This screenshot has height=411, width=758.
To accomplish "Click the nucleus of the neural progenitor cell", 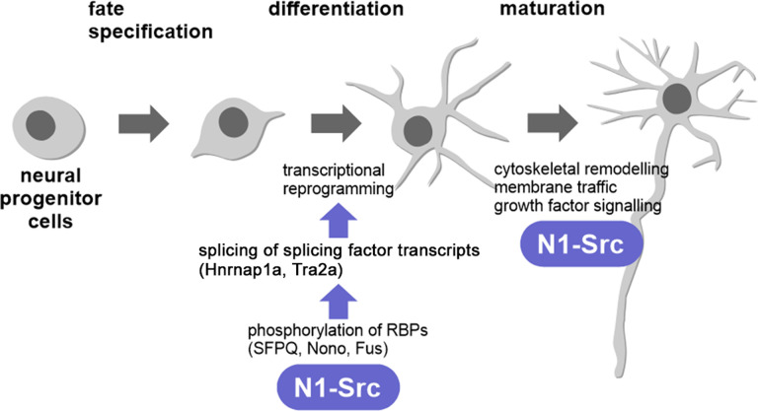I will pyautogui.click(x=42, y=127).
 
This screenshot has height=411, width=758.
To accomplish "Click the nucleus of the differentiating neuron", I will pyautogui.click(x=417, y=130).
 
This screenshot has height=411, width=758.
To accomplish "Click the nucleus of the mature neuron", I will pyautogui.click(x=676, y=98).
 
